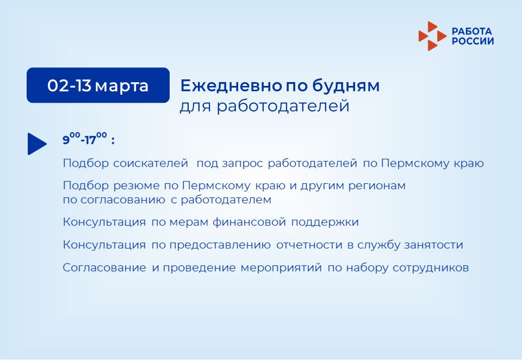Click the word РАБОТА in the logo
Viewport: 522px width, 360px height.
(x=472, y=32)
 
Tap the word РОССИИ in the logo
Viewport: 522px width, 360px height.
(x=473, y=41)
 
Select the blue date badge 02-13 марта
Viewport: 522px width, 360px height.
(x=98, y=85)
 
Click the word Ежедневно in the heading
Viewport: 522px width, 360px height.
(x=231, y=85)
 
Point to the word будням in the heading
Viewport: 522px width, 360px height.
(x=346, y=85)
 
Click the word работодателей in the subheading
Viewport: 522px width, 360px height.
(x=283, y=106)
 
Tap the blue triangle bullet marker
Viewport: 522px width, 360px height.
(x=37, y=144)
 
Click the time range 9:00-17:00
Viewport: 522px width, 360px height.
(x=85, y=139)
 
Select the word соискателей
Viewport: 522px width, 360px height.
(x=151, y=163)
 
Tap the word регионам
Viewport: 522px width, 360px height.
(x=377, y=185)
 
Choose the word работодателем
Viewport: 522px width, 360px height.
(x=226, y=200)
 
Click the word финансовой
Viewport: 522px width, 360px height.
(x=250, y=221)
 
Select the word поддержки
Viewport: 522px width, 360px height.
(x=325, y=222)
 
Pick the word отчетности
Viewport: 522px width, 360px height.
(x=309, y=245)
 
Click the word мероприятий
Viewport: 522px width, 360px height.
(x=281, y=268)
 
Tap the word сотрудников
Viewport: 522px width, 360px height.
(x=431, y=268)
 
